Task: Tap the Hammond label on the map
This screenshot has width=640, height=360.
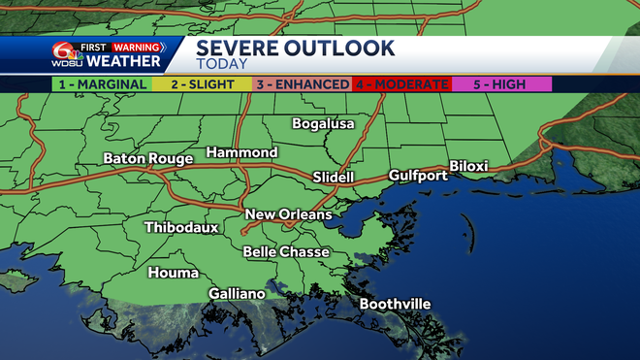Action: [241, 153]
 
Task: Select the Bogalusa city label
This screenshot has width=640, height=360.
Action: [324, 124]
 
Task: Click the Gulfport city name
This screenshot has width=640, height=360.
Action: [418, 176]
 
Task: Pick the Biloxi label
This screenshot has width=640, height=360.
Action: [468, 166]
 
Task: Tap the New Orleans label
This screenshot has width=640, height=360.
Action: [288, 214]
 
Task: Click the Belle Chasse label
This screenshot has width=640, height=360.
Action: [286, 252]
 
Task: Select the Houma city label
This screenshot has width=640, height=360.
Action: [173, 273]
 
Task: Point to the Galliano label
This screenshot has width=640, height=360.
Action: [237, 293]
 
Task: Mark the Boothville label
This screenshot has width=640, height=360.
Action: [395, 305]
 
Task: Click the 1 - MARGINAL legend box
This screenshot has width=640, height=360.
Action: [100, 84]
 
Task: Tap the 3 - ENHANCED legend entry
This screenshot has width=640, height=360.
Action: [302, 84]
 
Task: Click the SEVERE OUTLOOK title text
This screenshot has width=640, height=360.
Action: [296, 48]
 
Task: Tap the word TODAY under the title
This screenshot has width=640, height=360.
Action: [222, 64]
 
